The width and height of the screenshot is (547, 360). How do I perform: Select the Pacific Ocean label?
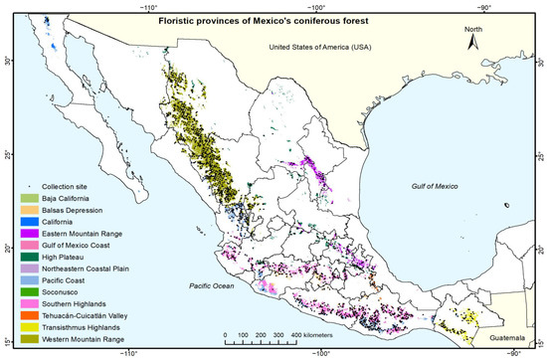[x=217, y=286]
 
